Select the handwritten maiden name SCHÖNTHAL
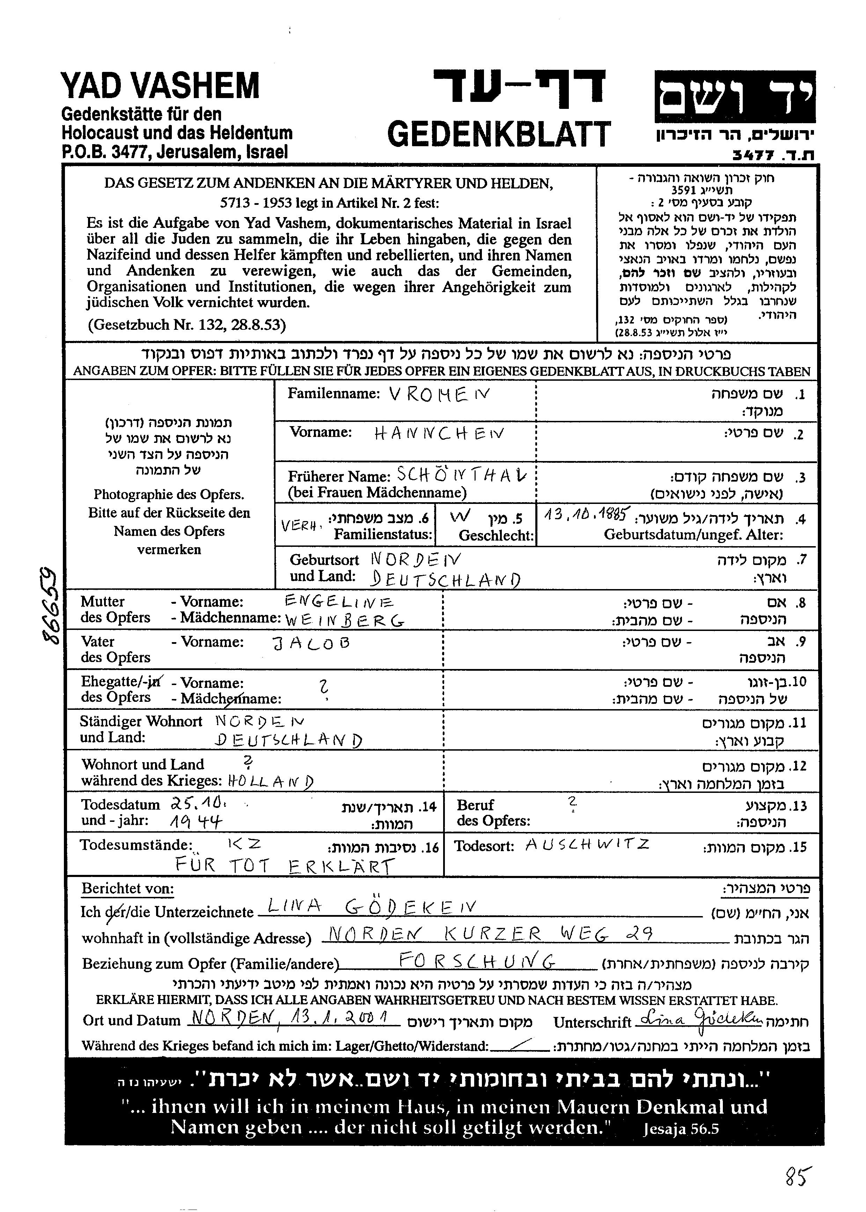coord(461,475)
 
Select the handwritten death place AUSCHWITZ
coord(587,845)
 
